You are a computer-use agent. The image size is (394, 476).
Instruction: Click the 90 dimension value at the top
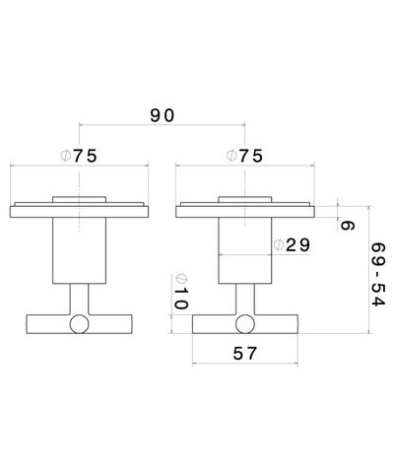[163, 115]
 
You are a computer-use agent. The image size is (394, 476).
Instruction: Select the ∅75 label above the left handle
[78, 155]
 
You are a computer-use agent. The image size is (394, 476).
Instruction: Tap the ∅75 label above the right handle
[244, 155]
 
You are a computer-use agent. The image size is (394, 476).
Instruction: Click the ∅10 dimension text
[179, 292]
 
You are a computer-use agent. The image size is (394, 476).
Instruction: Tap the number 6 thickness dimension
[347, 225]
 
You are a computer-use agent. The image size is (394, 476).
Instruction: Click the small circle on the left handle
[79, 325]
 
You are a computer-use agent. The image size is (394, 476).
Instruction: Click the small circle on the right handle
[245, 325]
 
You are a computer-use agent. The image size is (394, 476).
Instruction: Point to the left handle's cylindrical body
[79, 251]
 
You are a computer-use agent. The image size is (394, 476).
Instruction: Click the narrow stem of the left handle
[79, 301]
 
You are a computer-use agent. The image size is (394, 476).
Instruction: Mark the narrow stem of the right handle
[245, 301]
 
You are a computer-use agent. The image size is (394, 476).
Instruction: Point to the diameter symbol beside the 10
[179, 278]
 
